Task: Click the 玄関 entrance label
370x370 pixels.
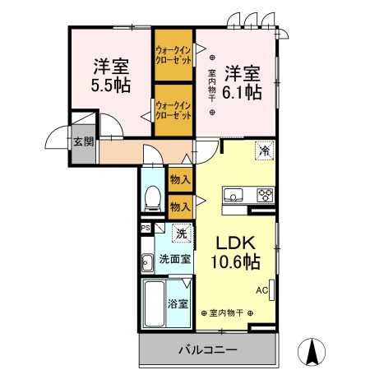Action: point(84,141)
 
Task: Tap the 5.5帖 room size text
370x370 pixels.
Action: point(111,86)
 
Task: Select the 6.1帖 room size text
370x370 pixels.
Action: point(242,93)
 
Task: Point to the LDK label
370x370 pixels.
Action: point(236,243)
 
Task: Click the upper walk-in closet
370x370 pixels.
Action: point(173,55)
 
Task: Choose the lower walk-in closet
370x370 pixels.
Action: point(173,110)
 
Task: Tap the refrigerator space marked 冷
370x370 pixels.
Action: point(265,150)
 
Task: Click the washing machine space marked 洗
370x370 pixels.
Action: point(182,234)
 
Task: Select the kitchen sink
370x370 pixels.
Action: point(233,195)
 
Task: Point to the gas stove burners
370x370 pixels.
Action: point(266,195)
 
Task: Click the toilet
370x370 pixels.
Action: point(153,198)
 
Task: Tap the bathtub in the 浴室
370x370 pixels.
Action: point(155,303)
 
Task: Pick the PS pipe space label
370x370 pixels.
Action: point(146,228)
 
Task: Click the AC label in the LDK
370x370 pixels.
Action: point(261,290)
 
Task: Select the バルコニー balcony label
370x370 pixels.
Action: point(207,350)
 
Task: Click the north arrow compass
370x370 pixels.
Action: point(312,352)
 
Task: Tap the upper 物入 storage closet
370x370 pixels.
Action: point(180,180)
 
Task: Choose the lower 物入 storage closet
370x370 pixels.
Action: point(180,207)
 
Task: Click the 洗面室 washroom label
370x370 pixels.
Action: point(175,259)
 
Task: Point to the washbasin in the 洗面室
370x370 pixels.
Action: point(147,263)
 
